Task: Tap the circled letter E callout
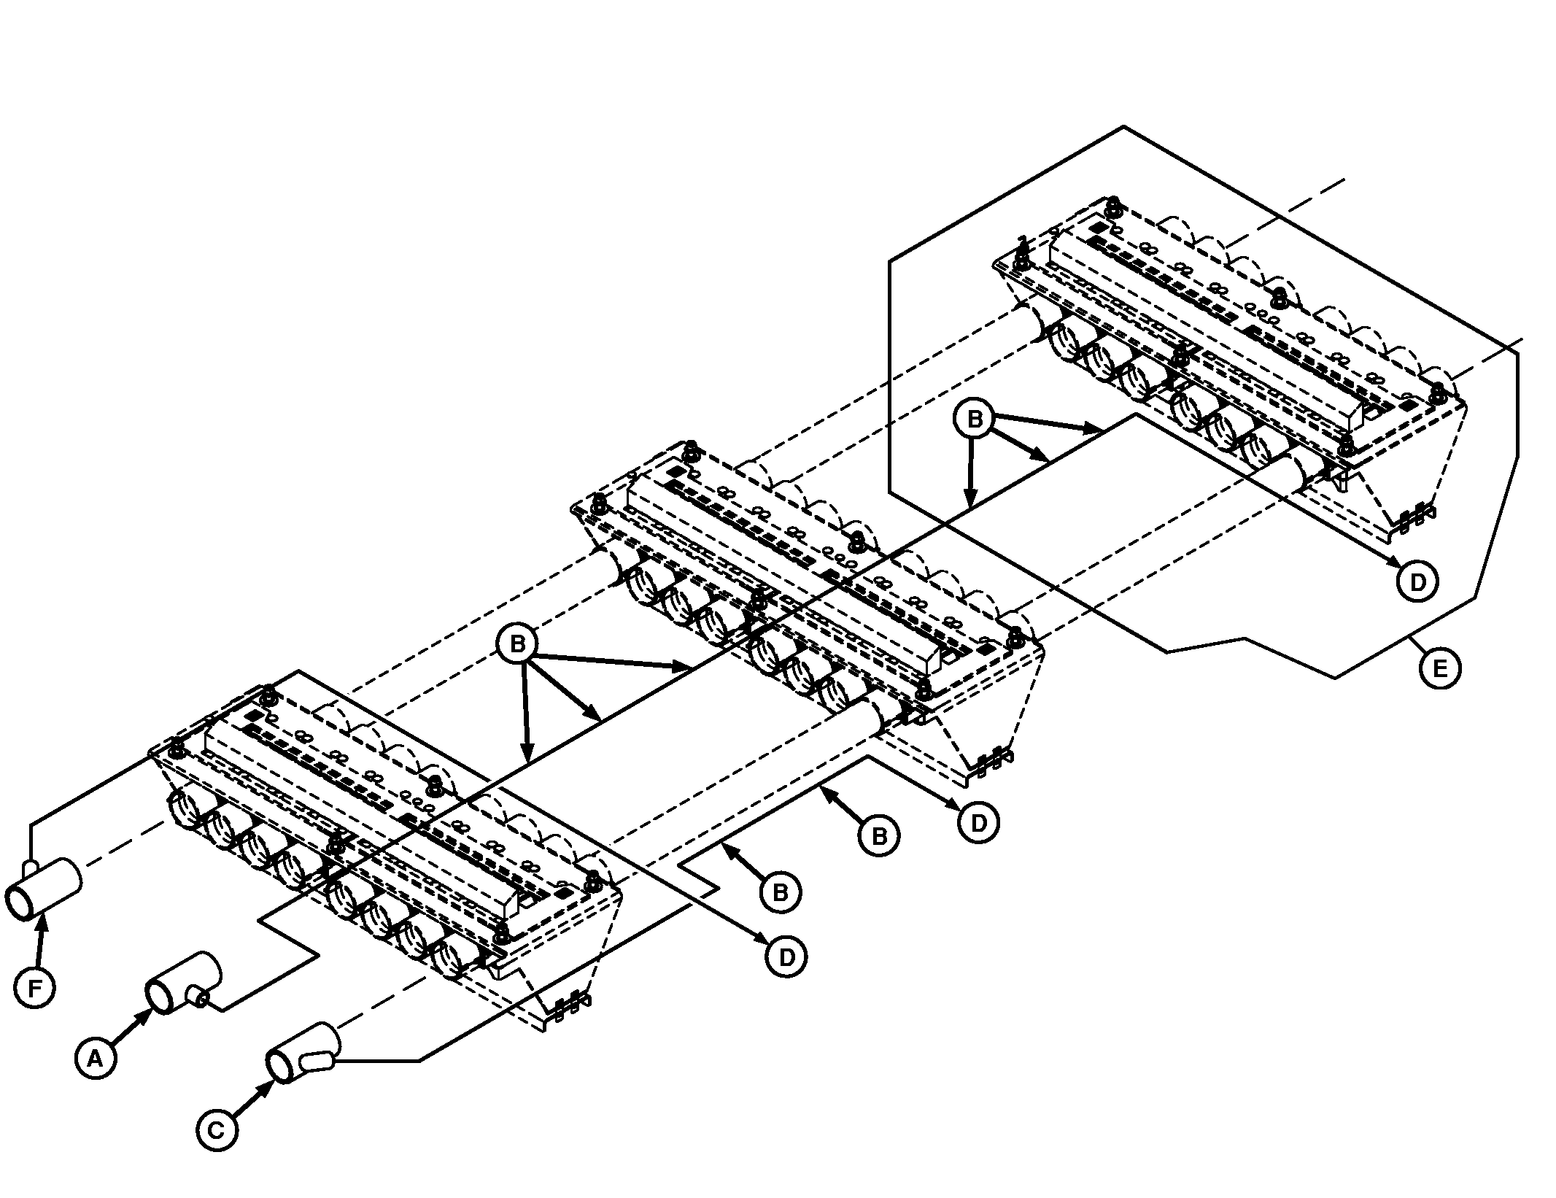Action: point(1440,668)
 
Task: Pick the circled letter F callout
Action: point(34,988)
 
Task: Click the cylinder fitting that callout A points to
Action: point(182,982)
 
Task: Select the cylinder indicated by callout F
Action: point(44,889)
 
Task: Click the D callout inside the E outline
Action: point(1417,581)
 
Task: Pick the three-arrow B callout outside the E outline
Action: point(517,644)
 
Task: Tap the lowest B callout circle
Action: point(780,892)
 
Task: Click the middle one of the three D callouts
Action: point(978,822)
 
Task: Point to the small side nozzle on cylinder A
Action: point(198,995)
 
